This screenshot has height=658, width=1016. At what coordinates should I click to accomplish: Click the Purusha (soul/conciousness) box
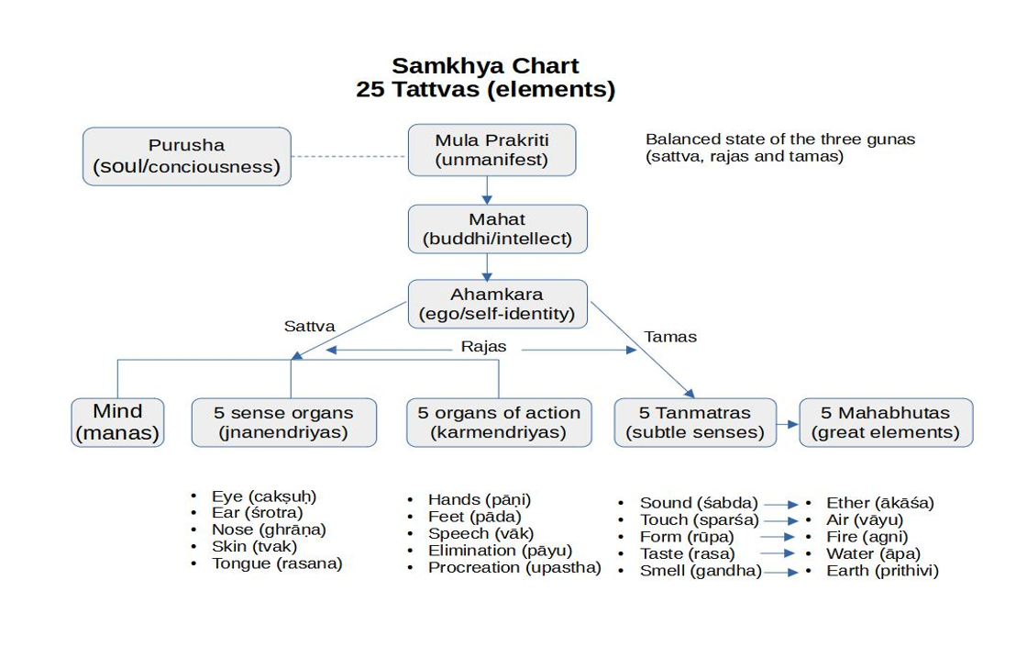pyautogui.click(x=186, y=156)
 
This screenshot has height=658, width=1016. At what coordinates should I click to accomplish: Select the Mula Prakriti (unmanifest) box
pyautogui.click(x=491, y=150)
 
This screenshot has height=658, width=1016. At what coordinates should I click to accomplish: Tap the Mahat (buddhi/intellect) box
pyautogui.click(x=496, y=229)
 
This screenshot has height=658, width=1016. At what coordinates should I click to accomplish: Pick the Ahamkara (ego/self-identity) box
pyautogui.click(x=496, y=304)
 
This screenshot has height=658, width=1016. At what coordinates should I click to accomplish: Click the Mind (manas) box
pyautogui.click(x=117, y=422)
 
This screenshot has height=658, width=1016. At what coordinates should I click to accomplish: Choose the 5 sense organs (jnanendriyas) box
pyautogui.click(x=283, y=422)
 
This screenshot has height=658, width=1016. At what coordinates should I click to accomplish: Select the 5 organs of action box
pyautogui.click(x=498, y=422)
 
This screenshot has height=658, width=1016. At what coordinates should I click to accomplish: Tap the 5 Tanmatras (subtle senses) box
pyautogui.click(x=694, y=422)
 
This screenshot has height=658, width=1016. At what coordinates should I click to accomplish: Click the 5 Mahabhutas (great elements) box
pyautogui.click(x=885, y=422)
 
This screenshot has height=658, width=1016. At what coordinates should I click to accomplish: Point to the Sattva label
pyautogui.click(x=309, y=326)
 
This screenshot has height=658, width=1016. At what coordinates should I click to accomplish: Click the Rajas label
pyautogui.click(x=483, y=348)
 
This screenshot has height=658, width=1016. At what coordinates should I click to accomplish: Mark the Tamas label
pyautogui.click(x=670, y=337)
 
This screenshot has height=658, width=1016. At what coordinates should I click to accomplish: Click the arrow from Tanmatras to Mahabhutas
pyautogui.click(x=788, y=424)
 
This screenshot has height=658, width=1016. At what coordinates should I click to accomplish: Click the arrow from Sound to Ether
pyautogui.click(x=780, y=504)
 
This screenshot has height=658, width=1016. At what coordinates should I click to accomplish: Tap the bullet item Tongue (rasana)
pyautogui.click(x=276, y=563)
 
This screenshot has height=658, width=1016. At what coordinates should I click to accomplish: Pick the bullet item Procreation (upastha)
pyautogui.click(x=514, y=567)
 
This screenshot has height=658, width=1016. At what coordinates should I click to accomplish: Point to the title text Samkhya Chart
pyautogui.click(x=485, y=66)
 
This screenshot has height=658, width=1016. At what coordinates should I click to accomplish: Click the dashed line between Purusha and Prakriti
pyautogui.click(x=349, y=157)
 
